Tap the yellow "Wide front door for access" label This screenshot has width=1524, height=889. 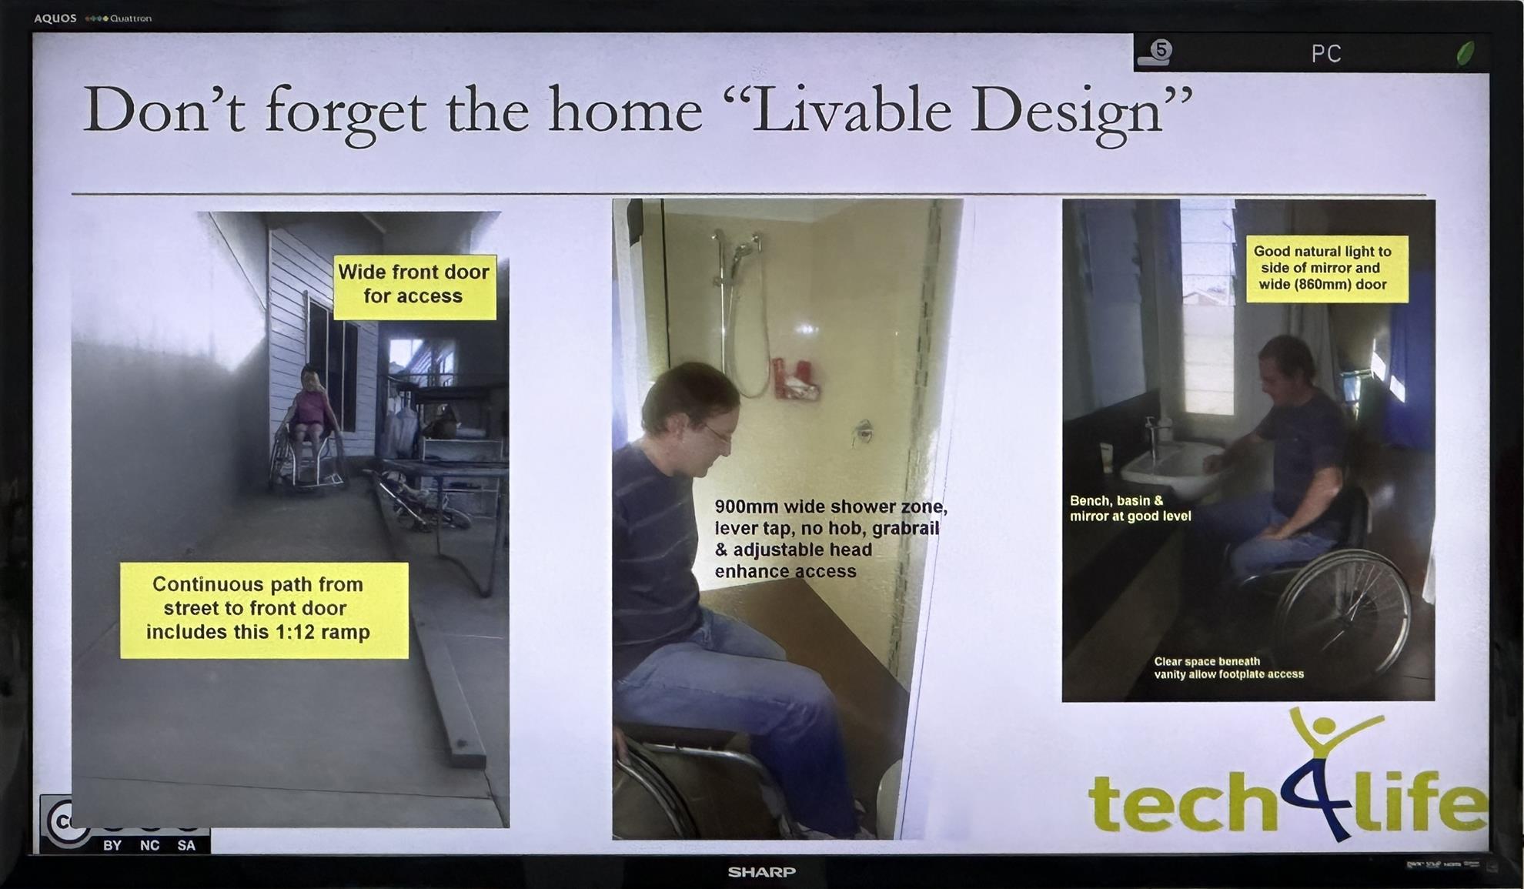(x=414, y=286)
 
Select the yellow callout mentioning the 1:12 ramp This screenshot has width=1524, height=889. (x=264, y=610)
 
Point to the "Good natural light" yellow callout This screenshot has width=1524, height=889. (x=1327, y=268)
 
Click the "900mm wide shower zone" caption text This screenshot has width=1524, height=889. (x=830, y=539)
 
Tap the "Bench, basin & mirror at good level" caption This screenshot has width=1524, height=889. (x=1130, y=508)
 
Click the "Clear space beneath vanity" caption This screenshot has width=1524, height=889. (x=1228, y=667)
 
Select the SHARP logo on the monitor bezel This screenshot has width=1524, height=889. (x=761, y=871)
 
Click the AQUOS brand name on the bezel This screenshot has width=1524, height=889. (x=55, y=18)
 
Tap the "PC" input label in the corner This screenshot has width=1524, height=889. (x=1326, y=53)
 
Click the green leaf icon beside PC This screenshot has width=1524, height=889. (x=1465, y=52)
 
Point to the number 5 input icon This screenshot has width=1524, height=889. (x=1155, y=52)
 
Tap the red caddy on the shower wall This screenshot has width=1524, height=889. (x=794, y=380)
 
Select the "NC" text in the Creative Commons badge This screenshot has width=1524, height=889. (x=150, y=845)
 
